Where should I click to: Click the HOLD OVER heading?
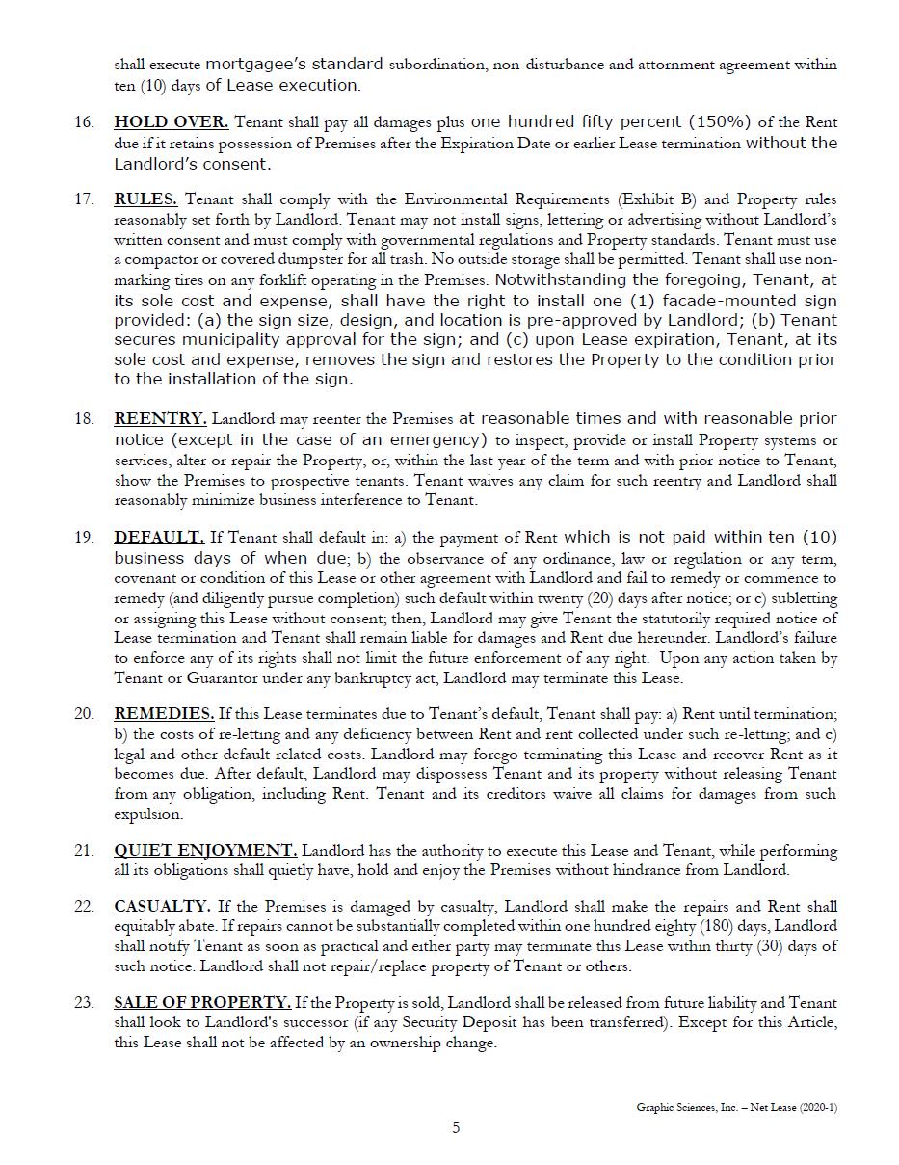coord(171,122)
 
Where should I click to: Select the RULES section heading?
coord(145,199)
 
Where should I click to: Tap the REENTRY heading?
coord(160,418)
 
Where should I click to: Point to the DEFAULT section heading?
coord(159,537)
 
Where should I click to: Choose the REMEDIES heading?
coord(164,714)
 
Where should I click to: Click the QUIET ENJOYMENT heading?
coord(205,850)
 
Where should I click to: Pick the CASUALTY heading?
coord(162,906)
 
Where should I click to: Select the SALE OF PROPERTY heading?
coord(202,1002)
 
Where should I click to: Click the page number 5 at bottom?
coord(457,1127)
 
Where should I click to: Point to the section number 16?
coord(84,122)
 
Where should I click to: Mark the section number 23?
coord(84,1002)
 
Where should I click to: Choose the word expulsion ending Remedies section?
coord(148,814)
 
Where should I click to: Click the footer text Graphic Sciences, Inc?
coord(687,1107)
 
